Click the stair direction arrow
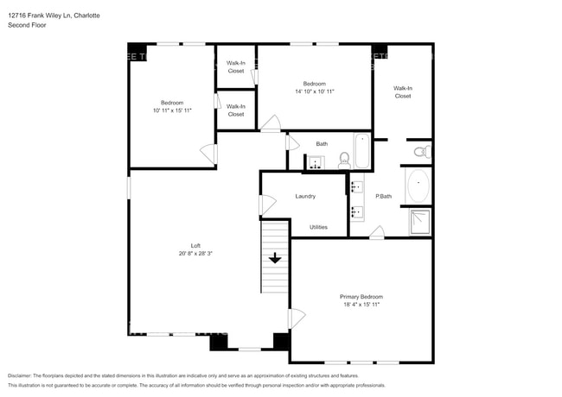click(275, 257)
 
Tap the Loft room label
click(195, 245)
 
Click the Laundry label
click(305, 196)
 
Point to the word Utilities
click(318, 227)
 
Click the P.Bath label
click(383, 197)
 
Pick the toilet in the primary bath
click(420, 152)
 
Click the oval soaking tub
click(418, 186)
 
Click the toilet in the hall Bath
click(343, 159)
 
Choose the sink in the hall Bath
click(315, 161)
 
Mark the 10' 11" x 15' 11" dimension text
click(172, 110)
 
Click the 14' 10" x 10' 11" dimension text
click(314, 91)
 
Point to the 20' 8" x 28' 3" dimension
click(195, 254)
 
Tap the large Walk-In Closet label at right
click(402, 91)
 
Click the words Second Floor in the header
click(27, 25)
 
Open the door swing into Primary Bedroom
click(297, 318)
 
